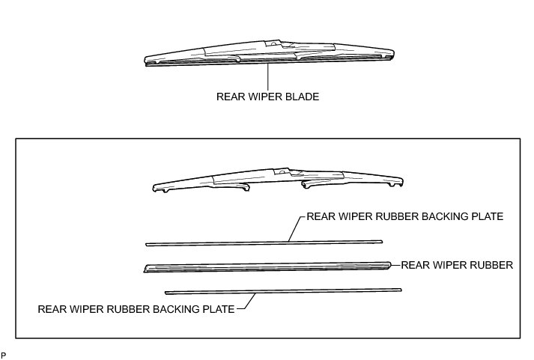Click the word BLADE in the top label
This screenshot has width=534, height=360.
tap(303, 97)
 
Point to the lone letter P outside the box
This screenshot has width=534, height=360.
tap(4, 353)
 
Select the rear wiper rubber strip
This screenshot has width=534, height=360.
tap(266, 266)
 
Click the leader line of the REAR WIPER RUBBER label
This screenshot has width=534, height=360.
tap(395, 264)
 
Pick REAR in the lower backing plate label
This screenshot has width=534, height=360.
tap(52, 308)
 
